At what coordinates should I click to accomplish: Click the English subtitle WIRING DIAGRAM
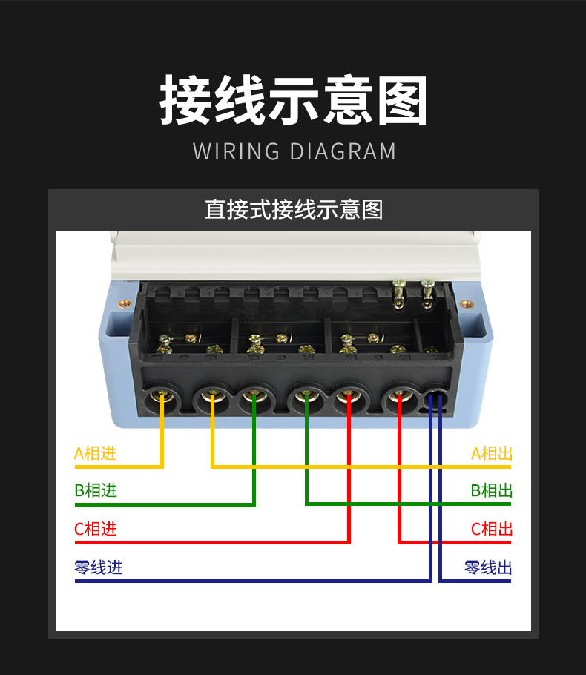click(x=294, y=151)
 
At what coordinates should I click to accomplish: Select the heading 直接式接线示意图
click(x=294, y=210)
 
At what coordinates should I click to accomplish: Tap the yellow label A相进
click(x=95, y=453)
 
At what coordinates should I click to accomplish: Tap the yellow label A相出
click(x=491, y=453)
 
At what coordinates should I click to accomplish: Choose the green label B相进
click(x=95, y=491)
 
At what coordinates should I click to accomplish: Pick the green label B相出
click(x=491, y=491)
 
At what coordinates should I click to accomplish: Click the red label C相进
click(x=95, y=530)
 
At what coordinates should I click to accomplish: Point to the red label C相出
click(x=491, y=530)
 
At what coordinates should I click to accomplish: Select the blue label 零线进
click(x=98, y=568)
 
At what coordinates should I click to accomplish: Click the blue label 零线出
click(x=488, y=568)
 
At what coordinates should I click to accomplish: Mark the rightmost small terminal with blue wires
click(x=435, y=401)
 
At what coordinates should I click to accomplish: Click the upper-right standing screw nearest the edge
click(x=428, y=291)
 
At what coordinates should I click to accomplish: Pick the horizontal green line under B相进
click(x=163, y=505)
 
